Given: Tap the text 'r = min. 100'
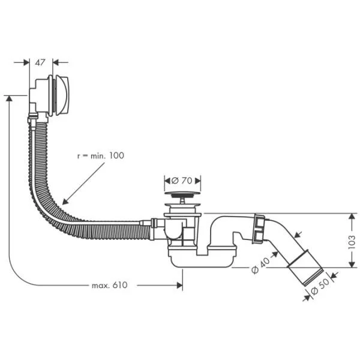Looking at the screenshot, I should coord(101,155).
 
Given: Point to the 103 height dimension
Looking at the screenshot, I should coord(352,241).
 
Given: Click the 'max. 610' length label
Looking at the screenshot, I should coord(110,285).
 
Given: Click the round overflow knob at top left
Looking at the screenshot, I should coord(62,95).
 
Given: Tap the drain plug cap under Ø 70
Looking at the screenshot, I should coord(182,194).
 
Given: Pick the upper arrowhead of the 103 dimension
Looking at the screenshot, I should coord(352,215).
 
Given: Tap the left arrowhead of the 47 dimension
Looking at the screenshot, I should coord(26,61).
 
